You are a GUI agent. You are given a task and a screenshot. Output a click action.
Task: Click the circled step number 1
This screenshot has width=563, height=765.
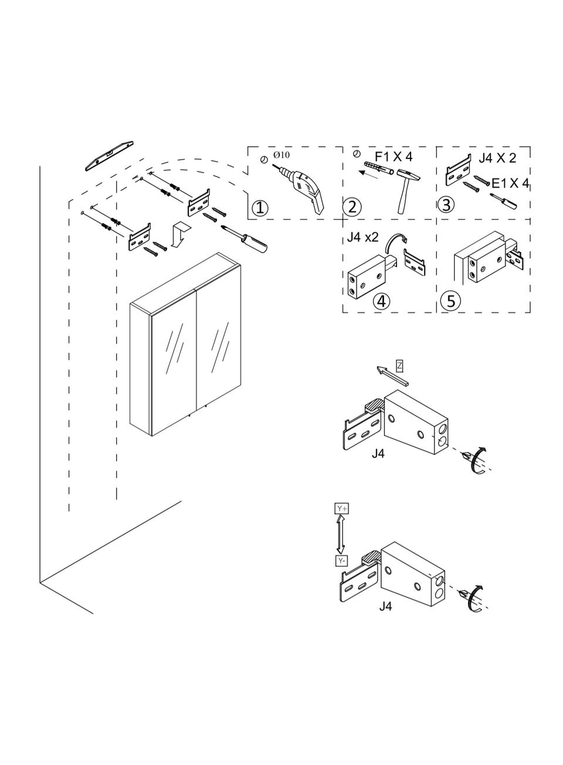click(260, 207)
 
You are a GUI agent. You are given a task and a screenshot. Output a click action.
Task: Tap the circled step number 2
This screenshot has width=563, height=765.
click(352, 207)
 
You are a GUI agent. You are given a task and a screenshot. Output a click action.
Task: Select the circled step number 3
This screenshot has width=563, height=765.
click(446, 204)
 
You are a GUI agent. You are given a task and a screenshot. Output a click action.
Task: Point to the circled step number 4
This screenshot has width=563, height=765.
click(381, 301)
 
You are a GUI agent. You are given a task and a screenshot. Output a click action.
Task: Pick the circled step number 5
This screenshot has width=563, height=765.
click(451, 301)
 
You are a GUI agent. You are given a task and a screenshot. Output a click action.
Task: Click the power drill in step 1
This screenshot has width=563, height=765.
click(302, 190)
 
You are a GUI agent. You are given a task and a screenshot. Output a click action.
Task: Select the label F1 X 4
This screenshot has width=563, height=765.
click(394, 157)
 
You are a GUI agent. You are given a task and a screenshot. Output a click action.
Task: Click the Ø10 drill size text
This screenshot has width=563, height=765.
click(281, 155)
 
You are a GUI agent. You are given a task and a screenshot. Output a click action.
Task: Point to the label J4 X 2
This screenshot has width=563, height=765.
click(497, 158)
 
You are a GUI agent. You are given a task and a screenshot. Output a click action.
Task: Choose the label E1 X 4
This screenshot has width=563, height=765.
click(510, 183)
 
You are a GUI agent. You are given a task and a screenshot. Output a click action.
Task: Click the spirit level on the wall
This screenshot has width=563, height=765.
click(109, 156)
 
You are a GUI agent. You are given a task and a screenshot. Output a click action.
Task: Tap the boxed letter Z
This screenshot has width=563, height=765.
click(399, 366)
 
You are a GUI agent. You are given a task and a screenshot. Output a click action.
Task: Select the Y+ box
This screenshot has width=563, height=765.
click(342, 518)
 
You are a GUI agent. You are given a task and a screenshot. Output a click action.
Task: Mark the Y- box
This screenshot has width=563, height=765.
click(342, 561)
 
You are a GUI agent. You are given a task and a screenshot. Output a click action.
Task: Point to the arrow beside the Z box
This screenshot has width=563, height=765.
click(392, 376)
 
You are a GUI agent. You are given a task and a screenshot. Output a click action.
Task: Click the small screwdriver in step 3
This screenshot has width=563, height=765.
click(504, 201)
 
